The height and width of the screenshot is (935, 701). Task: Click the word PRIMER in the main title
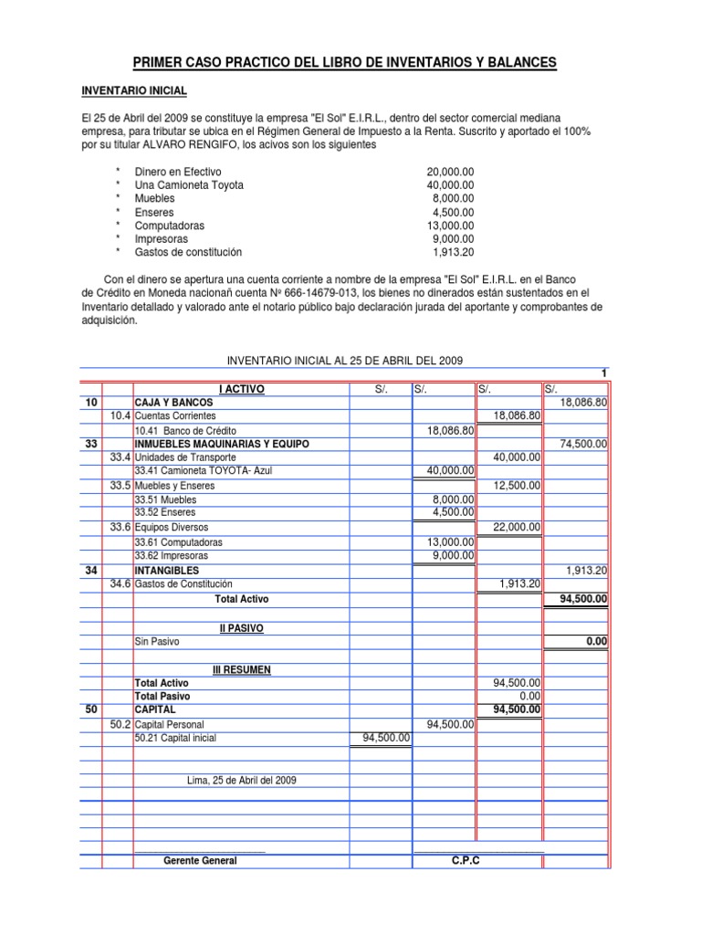tap(160, 62)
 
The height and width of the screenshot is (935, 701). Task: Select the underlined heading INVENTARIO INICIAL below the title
tap(134, 91)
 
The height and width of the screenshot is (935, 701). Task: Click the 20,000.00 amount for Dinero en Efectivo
tap(450, 172)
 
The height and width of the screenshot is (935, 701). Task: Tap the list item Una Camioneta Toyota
tap(189, 185)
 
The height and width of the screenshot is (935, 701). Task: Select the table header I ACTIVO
tap(241, 389)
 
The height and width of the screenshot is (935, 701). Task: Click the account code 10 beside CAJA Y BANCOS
tap(90, 403)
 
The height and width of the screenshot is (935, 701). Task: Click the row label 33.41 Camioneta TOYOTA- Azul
tap(203, 471)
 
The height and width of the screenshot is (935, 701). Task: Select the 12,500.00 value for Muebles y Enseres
tap(518, 486)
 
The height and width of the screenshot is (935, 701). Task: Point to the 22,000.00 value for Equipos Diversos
tap(518, 527)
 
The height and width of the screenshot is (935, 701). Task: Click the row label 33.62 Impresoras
tap(171, 555)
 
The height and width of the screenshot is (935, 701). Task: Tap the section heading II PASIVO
tap(241, 628)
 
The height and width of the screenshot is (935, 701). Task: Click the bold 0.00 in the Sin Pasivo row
tap(598, 642)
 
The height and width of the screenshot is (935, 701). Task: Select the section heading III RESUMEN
tap(241, 669)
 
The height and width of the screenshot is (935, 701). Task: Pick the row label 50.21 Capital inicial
tap(175, 739)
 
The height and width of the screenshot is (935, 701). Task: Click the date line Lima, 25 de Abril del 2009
tap(241, 780)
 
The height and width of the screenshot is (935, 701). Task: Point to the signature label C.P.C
tap(465, 861)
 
